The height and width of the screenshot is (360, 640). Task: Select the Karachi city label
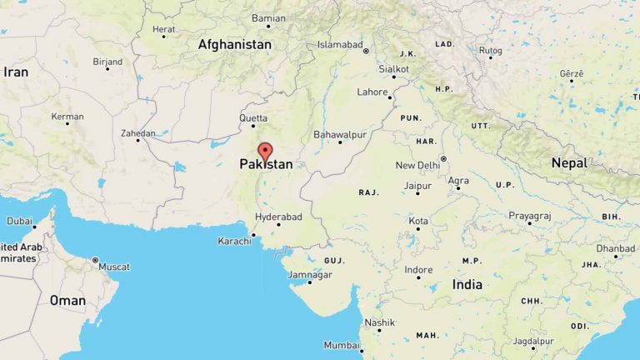point(234,240)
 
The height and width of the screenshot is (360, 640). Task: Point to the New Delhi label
point(417,165)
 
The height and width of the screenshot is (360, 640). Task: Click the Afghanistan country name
point(234,44)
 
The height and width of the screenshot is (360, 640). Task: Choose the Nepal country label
point(569,162)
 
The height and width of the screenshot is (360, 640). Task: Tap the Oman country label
point(67,300)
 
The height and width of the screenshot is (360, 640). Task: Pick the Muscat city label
point(114,267)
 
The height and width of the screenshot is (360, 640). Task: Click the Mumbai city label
point(341,345)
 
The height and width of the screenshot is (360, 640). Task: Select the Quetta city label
point(253,118)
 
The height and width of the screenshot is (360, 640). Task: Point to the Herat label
point(164,28)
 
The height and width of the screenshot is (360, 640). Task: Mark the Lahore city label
point(372,92)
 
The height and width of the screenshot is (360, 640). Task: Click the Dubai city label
point(19,221)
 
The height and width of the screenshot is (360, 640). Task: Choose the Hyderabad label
point(278,217)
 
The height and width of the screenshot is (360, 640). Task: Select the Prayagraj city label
point(530,216)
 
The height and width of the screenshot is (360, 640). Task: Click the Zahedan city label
point(137,132)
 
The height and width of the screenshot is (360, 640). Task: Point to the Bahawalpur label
point(339,134)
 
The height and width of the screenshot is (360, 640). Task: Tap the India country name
point(467,284)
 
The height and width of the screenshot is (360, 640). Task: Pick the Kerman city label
point(67,117)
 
